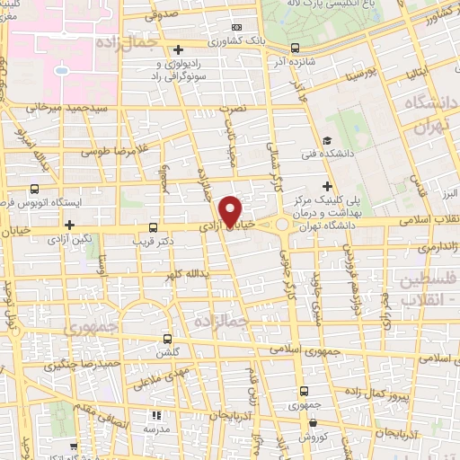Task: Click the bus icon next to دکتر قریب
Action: point(153,227)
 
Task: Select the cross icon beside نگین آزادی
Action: point(69,224)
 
